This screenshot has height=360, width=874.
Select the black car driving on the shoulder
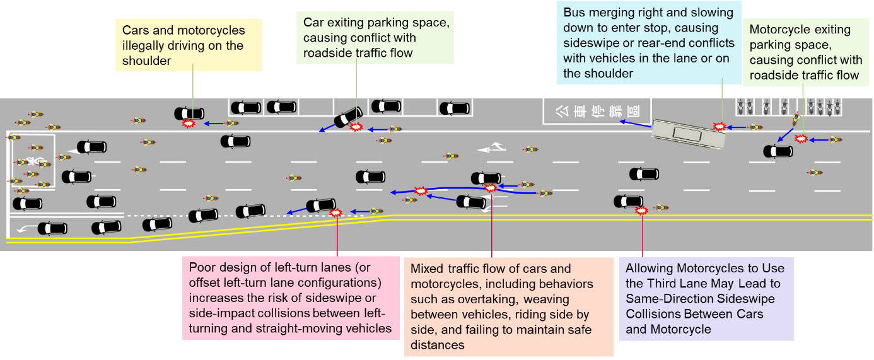pyautogui.click(x=189, y=113)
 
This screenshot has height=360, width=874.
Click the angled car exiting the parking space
pyautogui.click(x=347, y=117)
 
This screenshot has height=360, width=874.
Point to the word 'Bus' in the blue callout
pyautogui.click(x=575, y=13)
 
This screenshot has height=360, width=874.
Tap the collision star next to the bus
pyautogui.click(x=719, y=127)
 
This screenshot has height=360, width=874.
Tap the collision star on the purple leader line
pyautogui.click(x=642, y=211)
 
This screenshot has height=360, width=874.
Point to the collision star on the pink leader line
pyautogui.click(x=336, y=213)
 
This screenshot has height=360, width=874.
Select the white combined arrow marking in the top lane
pyautogui.click(x=492, y=149)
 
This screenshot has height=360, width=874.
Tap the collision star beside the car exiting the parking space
pyautogui.click(x=356, y=127)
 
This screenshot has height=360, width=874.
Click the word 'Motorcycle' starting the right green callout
pyautogui.click(x=781, y=30)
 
